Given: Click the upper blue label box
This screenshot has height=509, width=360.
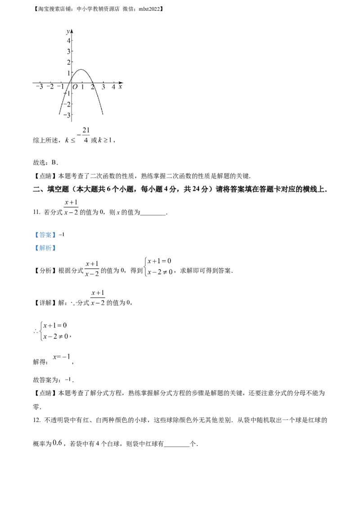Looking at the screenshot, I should click(45, 235).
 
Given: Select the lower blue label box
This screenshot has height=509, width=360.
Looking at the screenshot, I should click(45, 248).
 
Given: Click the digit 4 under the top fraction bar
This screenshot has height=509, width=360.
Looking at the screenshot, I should click(85, 141).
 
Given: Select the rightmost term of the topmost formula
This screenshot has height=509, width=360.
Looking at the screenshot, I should click(106, 141).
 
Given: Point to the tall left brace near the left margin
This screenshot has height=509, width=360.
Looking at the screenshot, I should click(41, 331).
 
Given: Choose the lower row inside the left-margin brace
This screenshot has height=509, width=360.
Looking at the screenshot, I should click(56, 336).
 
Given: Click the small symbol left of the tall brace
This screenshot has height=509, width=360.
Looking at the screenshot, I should click(35, 331).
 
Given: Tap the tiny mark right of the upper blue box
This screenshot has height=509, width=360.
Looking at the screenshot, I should click(63, 232).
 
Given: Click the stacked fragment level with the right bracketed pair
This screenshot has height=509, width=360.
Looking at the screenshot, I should click(92, 268).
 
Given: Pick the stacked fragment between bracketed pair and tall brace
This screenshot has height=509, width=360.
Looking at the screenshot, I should click(97, 297).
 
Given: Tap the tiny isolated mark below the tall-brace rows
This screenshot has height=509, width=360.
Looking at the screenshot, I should click(70, 376).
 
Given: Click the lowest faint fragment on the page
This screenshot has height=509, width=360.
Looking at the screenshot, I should click(59, 442).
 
